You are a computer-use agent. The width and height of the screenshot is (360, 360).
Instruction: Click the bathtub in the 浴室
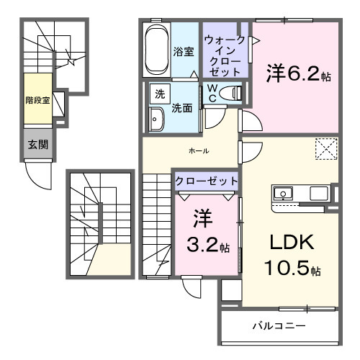157,50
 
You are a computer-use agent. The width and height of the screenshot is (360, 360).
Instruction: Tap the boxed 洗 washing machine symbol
156,94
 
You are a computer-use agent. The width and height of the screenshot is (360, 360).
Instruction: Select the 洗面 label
181,109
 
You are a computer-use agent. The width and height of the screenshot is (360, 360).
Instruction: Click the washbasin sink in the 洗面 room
156,120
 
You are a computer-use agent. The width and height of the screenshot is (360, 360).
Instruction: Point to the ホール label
199,150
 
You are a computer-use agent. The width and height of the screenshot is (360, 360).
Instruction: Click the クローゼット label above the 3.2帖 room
206,181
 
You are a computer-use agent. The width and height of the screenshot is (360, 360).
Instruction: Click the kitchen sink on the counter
282,193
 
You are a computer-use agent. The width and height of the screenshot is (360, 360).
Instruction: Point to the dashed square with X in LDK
325,149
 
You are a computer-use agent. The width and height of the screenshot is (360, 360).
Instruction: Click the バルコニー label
278,325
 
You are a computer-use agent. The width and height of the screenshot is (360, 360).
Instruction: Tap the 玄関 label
38,144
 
